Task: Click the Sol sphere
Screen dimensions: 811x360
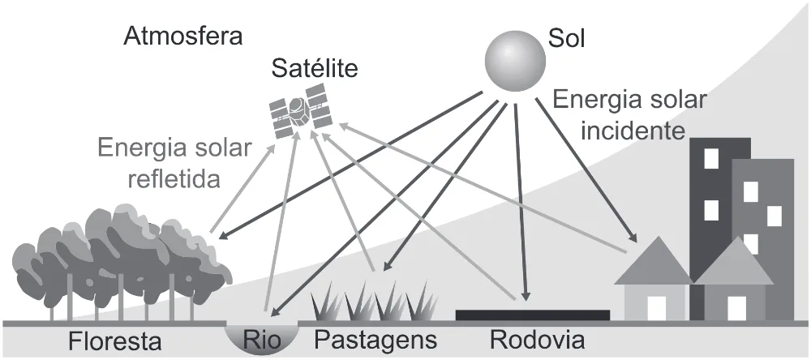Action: (x=515, y=62)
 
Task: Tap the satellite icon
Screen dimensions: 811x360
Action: (x=301, y=111)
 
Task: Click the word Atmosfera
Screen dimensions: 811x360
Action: (x=183, y=36)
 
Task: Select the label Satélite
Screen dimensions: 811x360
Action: (x=315, y=68)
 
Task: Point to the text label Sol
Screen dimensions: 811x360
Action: (x=567, y=39)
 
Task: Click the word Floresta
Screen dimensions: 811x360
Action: (x=115, y=341)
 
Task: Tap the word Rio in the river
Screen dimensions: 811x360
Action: (x=262, y=341)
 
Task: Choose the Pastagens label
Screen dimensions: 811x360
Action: (x=376, y=341)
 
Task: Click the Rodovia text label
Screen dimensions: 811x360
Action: (x=538, y=341)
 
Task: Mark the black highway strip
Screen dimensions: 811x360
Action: (x=532, y=315)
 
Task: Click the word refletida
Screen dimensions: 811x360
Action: (x=174, y=179)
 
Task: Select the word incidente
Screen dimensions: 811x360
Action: (x=633, y=131)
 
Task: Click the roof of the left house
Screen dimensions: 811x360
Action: (x=653, y=261)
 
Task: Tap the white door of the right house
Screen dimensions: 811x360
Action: (x=736, y=308)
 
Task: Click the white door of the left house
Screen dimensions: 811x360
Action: (x=657, y=308)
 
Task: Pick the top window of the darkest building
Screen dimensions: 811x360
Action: (x=711, y=158)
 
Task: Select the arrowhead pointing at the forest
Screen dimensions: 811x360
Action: (x=224, y=235)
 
